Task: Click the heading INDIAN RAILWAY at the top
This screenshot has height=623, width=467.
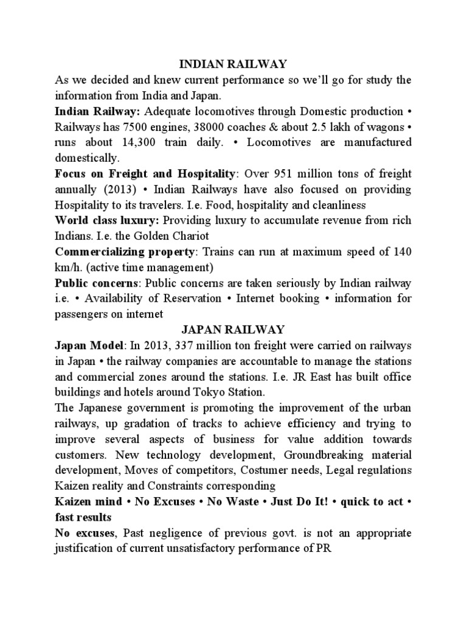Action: pyautogui.click(x=233, y=63)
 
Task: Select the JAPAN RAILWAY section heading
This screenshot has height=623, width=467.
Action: pyautogui.click(x=233, y=329)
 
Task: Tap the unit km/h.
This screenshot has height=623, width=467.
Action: pyautogui.click(x=67, y=266)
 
